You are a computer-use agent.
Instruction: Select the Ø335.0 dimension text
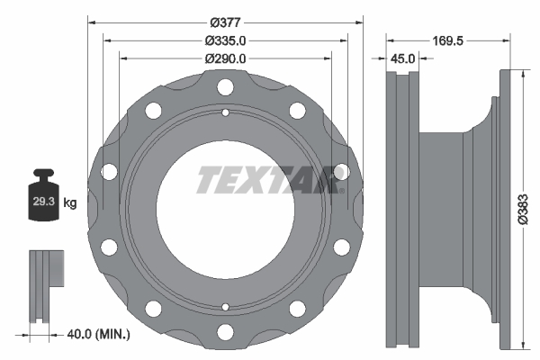pyautogui.click(x=224, y=40)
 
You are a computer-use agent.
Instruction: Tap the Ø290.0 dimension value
pyautogui.click(x=224, y=58)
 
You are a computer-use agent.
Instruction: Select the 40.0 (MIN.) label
pyautogui.click(x=99, y=334)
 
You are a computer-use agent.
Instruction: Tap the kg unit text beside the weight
pyautogui.click(x=70, y=204)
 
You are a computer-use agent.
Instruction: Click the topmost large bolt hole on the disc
pyautogui.click(x=224, y=88)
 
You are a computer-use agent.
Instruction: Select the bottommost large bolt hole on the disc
pyautogui.click(x=224, y=329)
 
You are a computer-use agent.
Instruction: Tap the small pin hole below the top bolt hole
pyautogui.click(x=224, y=112)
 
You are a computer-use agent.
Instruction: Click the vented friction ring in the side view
pyautogui.click(x=402, y=209)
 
